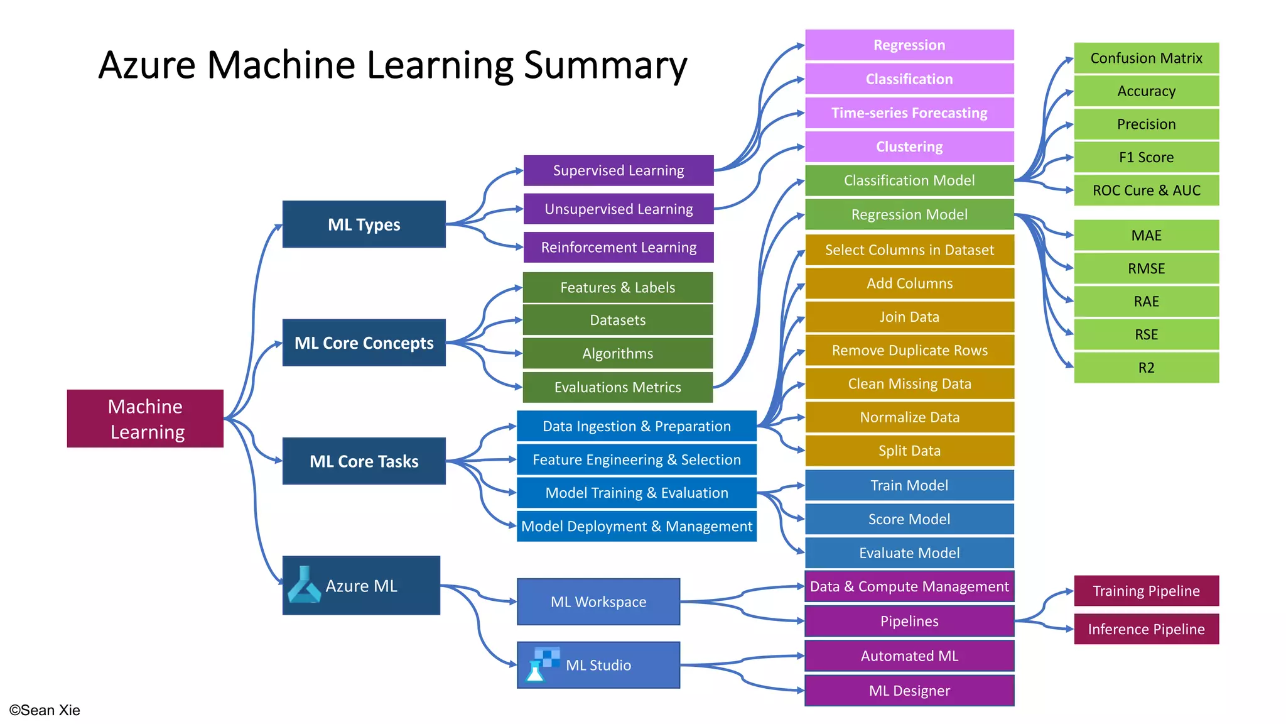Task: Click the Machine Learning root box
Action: [145, 419]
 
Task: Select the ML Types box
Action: [364, 224]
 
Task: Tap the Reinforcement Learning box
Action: [619, 247]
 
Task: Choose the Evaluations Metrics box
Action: [618, 387]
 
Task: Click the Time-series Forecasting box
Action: [909, 113]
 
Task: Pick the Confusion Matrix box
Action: [1146, 58]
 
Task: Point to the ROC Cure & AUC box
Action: [1146, 190]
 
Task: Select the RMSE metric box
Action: [1146, 268]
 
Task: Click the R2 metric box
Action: [1146, 368]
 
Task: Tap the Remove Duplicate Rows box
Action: [909, 350]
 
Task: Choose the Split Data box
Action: [909, 451]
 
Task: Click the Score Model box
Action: [909, 519]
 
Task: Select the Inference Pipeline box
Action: [1146, 629]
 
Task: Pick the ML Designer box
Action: [909, 691]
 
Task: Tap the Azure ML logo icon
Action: [304, 585]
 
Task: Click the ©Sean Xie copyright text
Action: [45, 710]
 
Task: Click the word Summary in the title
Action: [605, 65]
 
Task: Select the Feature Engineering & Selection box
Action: [636, 459]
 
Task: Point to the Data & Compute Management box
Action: [909, 586]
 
